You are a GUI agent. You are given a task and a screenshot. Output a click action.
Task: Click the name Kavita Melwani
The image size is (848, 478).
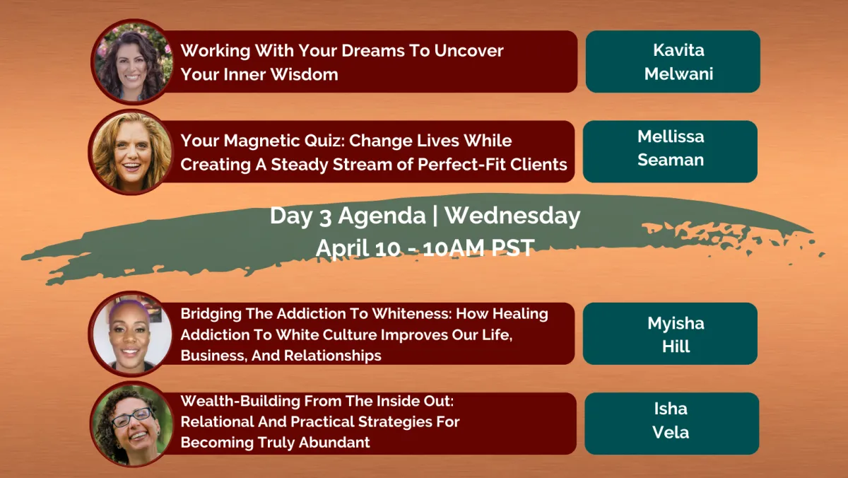tap(678, 62)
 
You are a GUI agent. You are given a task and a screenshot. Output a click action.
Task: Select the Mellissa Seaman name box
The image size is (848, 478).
tap(670, 151)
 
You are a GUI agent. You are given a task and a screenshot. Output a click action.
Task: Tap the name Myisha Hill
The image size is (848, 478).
tap(676, 334)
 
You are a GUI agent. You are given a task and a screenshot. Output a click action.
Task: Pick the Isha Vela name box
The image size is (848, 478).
tap(672, 424)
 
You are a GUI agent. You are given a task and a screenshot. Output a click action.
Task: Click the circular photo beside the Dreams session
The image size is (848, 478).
tap(131, 62)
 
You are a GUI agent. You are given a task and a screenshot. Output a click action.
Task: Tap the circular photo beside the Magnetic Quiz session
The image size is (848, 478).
tap(131, 152)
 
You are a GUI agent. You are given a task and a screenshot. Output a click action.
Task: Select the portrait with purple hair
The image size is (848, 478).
tap(131, 334)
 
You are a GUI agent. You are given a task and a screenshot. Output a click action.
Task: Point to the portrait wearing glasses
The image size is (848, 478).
tap(131, 424)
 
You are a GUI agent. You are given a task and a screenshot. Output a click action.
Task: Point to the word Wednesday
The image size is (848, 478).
tap(512, 216)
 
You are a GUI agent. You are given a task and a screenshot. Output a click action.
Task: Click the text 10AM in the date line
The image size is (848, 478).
tap(454, 248)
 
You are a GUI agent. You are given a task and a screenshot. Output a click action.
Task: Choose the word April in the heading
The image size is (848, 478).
tap(343, 249)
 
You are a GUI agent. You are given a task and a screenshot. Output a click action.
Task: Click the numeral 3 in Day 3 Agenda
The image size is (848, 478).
tap(325, 217)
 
